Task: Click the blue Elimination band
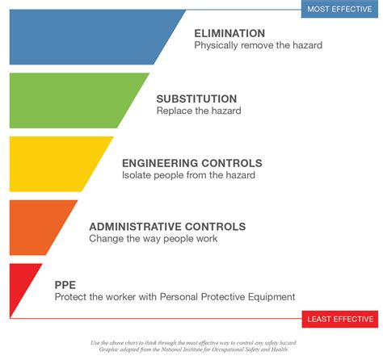(97, 37)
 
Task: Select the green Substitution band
(73, 101)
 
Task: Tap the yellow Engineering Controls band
(57, 164)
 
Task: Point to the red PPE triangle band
(20, 289)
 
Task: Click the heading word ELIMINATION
(229, 33)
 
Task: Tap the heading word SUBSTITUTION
(196, 98)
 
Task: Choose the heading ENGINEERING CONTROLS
(191, 163)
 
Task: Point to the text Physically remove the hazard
(258, 46)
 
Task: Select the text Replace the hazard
(199, 111)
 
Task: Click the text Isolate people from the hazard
(188, 175)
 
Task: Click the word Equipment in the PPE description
(272, 297)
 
